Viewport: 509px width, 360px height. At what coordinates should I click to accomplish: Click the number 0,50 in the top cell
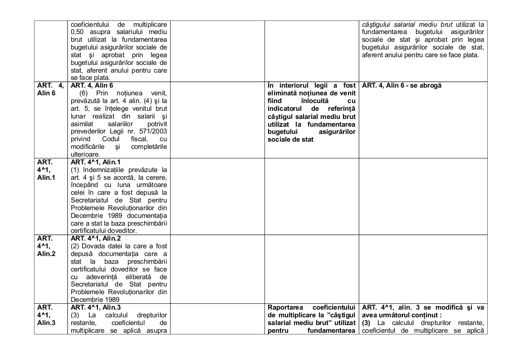coord(78,31)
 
